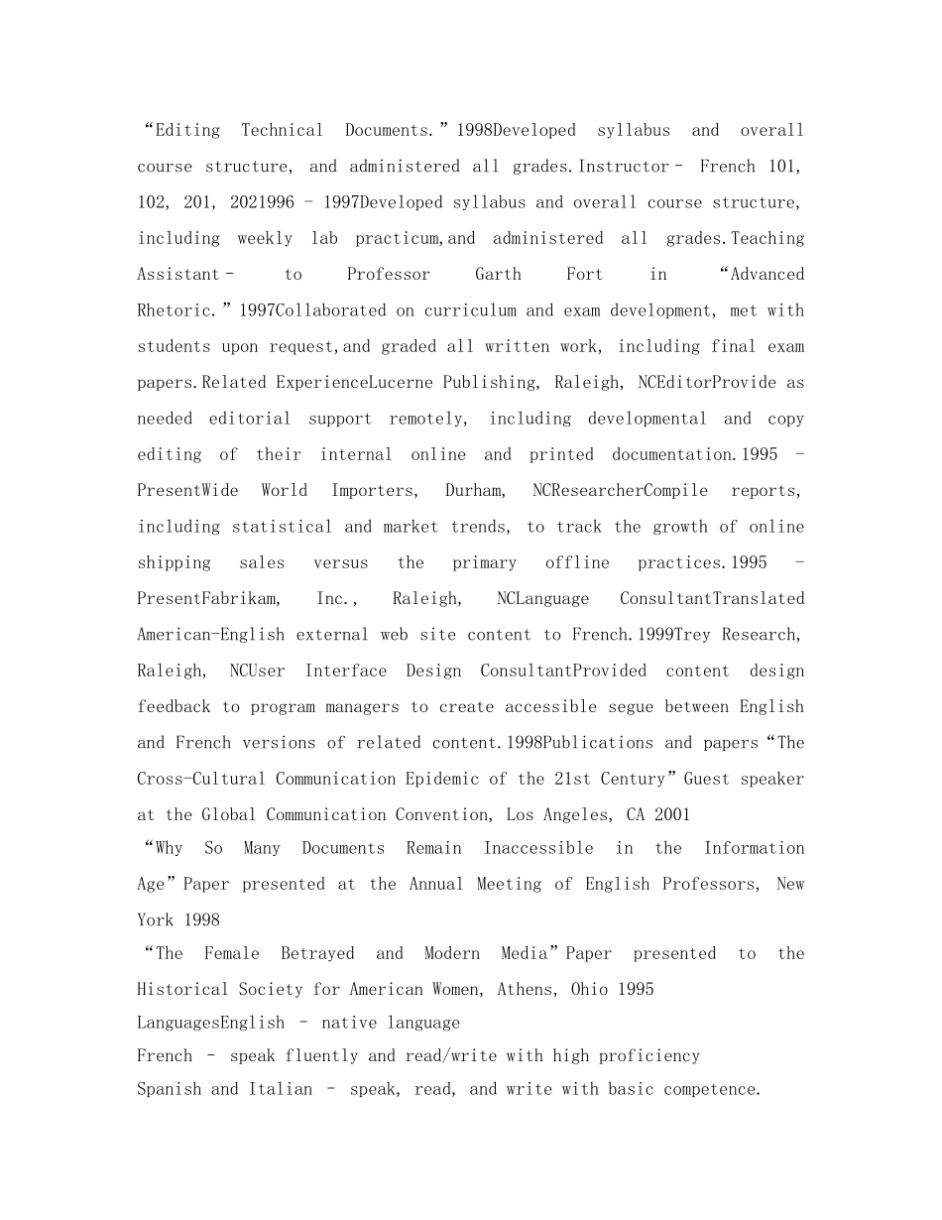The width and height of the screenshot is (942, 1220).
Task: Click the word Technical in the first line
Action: (x=283, y=130)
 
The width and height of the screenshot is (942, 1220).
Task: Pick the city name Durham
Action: (x=474, y=490)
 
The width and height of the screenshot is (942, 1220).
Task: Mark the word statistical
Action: (x=283, y=527)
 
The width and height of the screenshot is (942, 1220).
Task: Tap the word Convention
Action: (x=437, y=814)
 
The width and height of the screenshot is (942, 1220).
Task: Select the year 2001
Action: (x=671, y=814)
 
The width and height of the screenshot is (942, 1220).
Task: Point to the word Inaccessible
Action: (x=538, y=848)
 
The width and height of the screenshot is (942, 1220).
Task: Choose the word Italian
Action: (x=280, y=1089)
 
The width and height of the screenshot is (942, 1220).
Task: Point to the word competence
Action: (x=711, y=1089)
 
